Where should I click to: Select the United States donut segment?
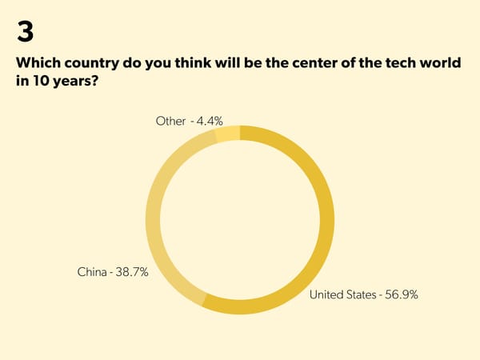click(x=322, y=239)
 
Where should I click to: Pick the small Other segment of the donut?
click(x=228, y=134)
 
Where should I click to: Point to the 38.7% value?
click(x=131, y=273)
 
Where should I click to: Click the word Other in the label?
click(x=170, y=121)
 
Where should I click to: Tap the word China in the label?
click(x=92, y=273)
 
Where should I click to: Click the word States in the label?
click(x=361, y=294)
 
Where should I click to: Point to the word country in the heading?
click(x=93, y=64)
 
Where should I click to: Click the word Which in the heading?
click(x=38, y=64)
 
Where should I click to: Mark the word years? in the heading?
click(x=82, y=82)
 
